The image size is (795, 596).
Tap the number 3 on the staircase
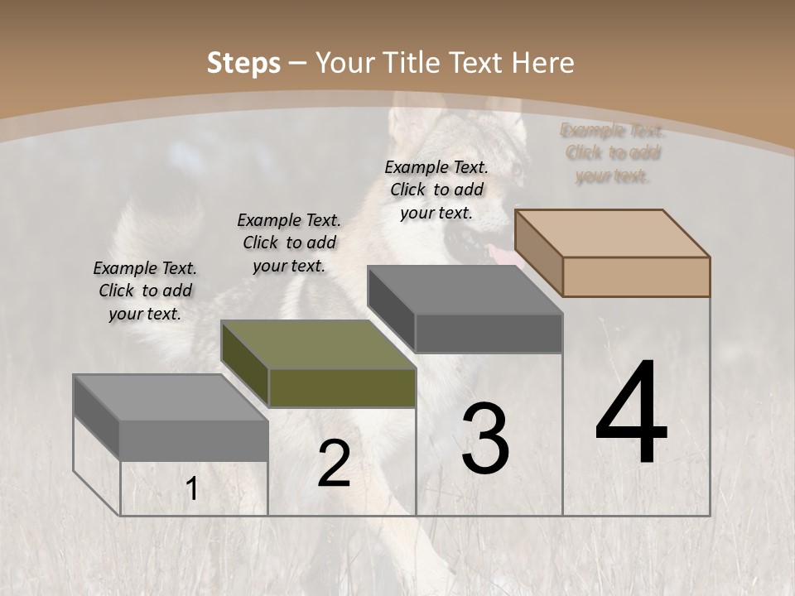click(485, 439)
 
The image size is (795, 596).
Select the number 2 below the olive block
click(334, 464)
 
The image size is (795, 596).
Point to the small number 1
click(191, 489)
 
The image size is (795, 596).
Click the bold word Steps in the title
click(243, 63)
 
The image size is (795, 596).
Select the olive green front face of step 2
click(342, 387)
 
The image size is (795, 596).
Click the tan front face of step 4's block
click(636, 276)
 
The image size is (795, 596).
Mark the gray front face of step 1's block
click(194, 440)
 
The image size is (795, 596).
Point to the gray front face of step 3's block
click(489, 333)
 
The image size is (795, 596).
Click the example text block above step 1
click(145, 291)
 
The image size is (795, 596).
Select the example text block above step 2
click(289, 243)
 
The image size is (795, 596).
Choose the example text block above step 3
click(436, 190)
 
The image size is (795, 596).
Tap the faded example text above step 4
click(613, 153)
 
